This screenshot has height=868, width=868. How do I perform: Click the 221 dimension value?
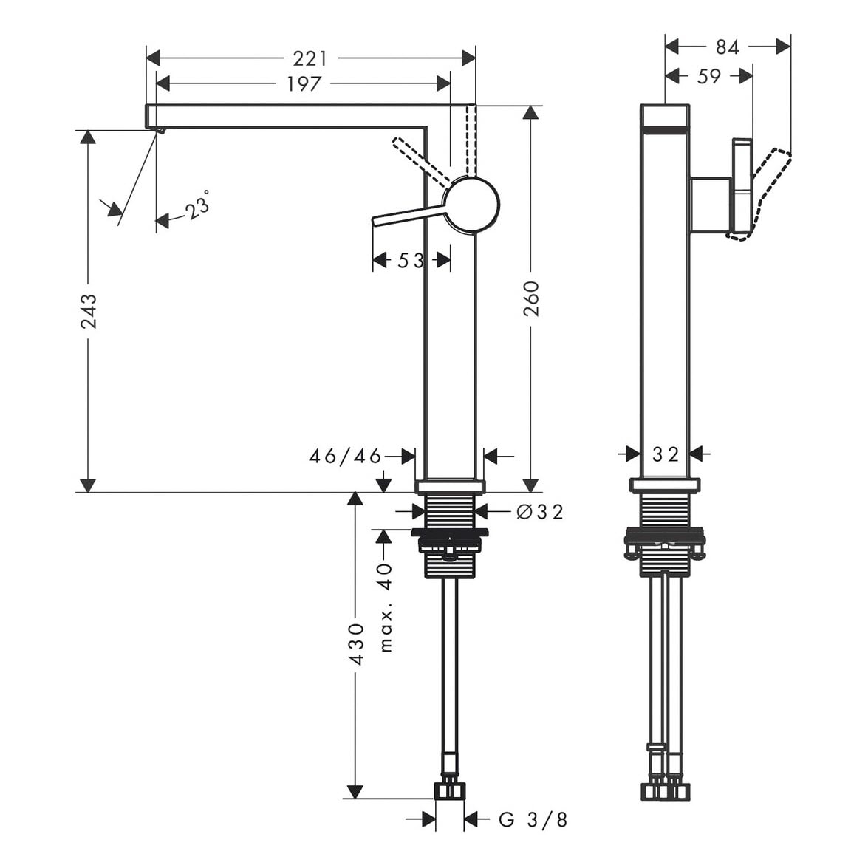[x=310, y=58]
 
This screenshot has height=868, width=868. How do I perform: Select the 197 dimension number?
[x=304, y=83]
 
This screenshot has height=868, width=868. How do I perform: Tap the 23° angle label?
[x=197, y=205]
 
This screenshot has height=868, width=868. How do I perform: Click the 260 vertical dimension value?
[x=531, y=298]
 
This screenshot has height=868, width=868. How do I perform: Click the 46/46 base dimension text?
[x=345, y=456]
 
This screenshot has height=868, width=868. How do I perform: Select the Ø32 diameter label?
[x=540, y=511]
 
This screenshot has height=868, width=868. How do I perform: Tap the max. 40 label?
[x=386, y=607]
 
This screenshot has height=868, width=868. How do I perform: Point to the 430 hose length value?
[x=357, y=644]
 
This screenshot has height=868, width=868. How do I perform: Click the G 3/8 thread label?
[x=533, y=819]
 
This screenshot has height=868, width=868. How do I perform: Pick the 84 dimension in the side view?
[x=727, y=47]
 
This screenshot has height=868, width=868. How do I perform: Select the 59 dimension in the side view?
[x=708, y=76]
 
